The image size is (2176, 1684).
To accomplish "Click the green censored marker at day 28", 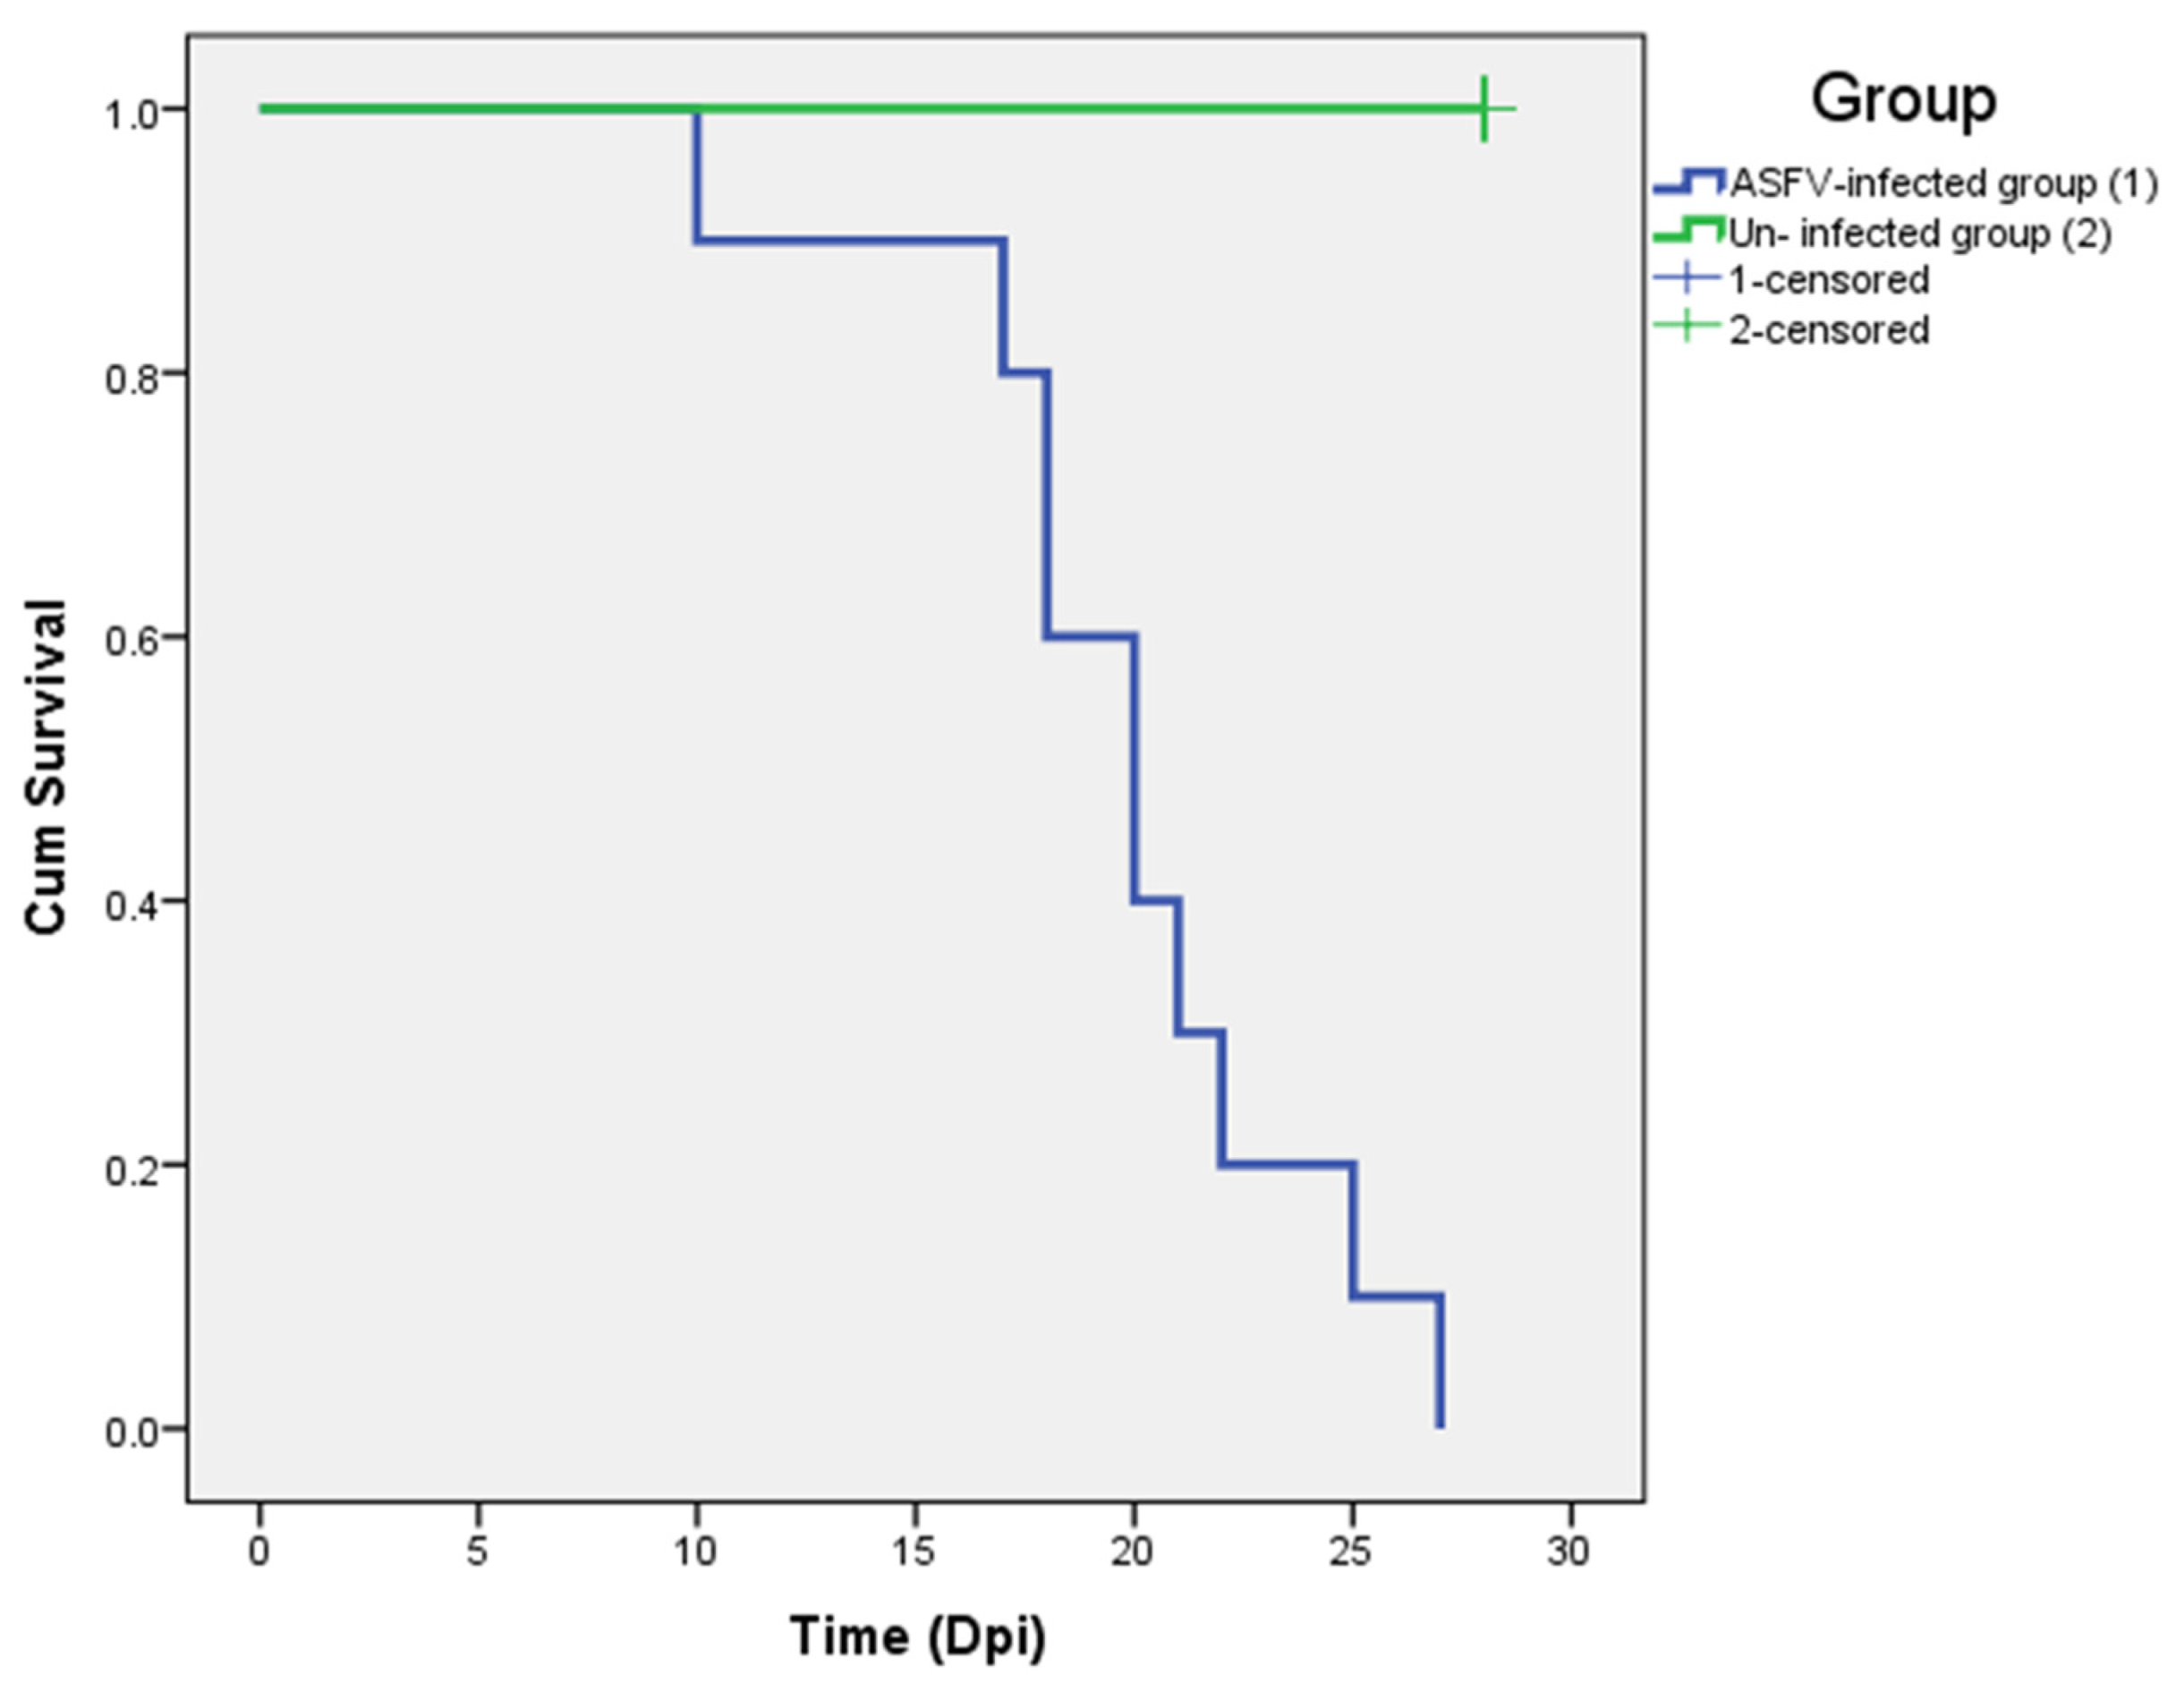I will [1483, 108].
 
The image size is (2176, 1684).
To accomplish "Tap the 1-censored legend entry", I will [1828, 280].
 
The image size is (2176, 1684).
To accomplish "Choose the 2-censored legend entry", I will [1828, 330].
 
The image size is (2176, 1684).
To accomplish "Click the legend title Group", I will [1903, 99].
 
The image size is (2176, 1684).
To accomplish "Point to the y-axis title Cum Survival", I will [46, 767].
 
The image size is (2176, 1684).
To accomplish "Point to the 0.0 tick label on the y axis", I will [132, 1433].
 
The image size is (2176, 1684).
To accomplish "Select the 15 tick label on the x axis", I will [914, 1551].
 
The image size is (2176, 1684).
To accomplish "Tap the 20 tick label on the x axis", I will [1132, 1551].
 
